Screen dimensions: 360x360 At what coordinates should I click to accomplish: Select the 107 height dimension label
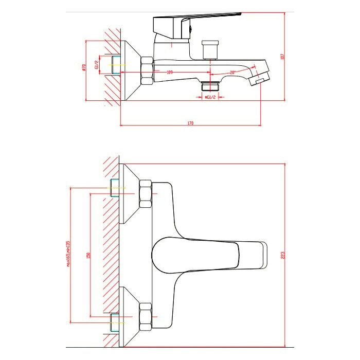point(282,57)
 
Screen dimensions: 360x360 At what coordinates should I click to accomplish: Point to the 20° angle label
point(232,73)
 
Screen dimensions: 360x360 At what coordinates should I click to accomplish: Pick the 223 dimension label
point(282,255)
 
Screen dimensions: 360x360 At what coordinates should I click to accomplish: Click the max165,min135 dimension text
point(68,256)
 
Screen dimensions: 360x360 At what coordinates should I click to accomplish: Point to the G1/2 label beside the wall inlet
point(96,65)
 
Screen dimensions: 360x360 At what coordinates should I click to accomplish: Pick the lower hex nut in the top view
point(145,316)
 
